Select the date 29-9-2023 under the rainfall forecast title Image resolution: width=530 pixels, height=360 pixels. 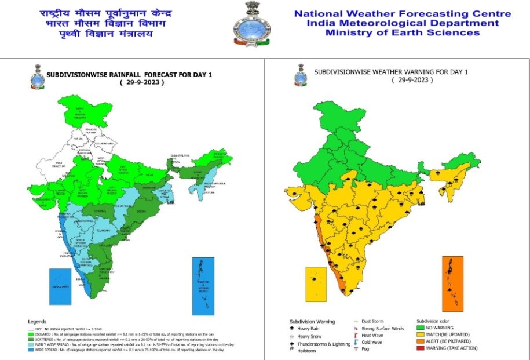coord(142,82)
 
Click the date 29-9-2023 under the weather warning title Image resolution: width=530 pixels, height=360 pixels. coord(413,80)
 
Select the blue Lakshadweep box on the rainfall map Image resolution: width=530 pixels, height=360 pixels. coord(60,286)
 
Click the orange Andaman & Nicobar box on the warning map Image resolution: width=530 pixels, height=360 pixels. coord(454,282)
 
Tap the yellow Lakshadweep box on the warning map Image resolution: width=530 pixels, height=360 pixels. coord(316,283)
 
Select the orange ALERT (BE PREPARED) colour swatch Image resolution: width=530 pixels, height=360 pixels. coord(421,341)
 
